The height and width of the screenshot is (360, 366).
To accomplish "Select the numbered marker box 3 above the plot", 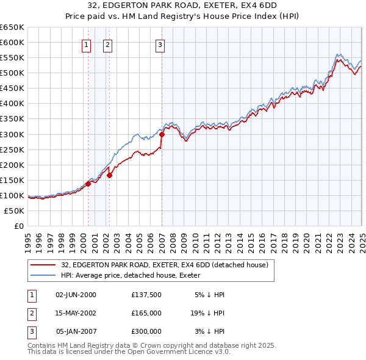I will click(x=159, y=45).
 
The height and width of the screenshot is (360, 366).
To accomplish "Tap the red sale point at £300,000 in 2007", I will click(x=162, y=135).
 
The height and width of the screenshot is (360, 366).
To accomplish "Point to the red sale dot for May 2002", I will click(x=110, y=175).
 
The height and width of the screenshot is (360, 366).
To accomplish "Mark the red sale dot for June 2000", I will click(x=88, y=183).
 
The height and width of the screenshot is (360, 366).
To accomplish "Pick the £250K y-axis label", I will click(x=12, y=149).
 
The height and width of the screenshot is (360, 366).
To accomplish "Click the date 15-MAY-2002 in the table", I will click(x=76, y=313).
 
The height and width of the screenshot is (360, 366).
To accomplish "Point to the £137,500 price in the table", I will click(x=146, y=294).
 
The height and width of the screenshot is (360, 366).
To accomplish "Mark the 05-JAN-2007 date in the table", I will click(x=76, y=332).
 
